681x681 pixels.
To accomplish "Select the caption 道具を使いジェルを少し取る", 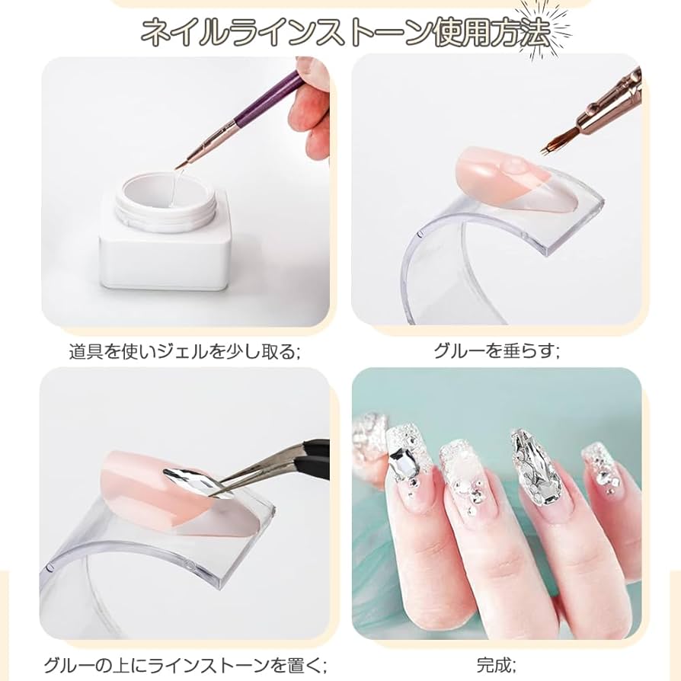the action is coord(184,352).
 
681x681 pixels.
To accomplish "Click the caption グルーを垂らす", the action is coord(496,351).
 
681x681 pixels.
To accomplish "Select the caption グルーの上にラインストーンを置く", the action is coord(185,665).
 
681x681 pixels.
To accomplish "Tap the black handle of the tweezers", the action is coord(314,446).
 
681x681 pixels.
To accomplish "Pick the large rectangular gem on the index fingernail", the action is coord(402,460).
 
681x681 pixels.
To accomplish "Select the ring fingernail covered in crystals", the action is coord(531,469).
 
